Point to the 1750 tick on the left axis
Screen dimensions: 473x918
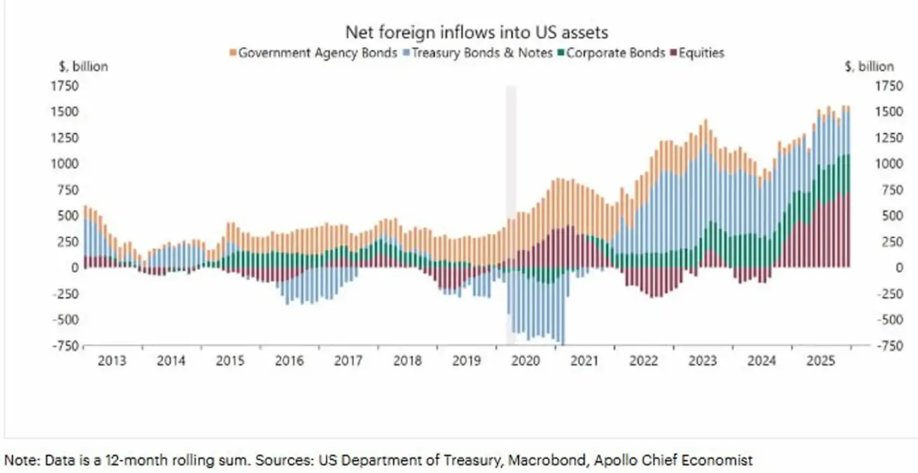pyautogui.click(x=64, y=86)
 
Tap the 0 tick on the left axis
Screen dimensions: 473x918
pyautogui.click(x=73, y=267)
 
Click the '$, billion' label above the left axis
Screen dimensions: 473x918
pyautogui.click(x=83, y=67)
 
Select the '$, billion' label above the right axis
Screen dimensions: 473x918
pyautogui.click(x=868, y=67)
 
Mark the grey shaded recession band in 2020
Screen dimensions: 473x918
pyautogui.click(x=511, y=210)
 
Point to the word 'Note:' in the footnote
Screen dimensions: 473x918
pyautogui.click(x=20, y=460)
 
